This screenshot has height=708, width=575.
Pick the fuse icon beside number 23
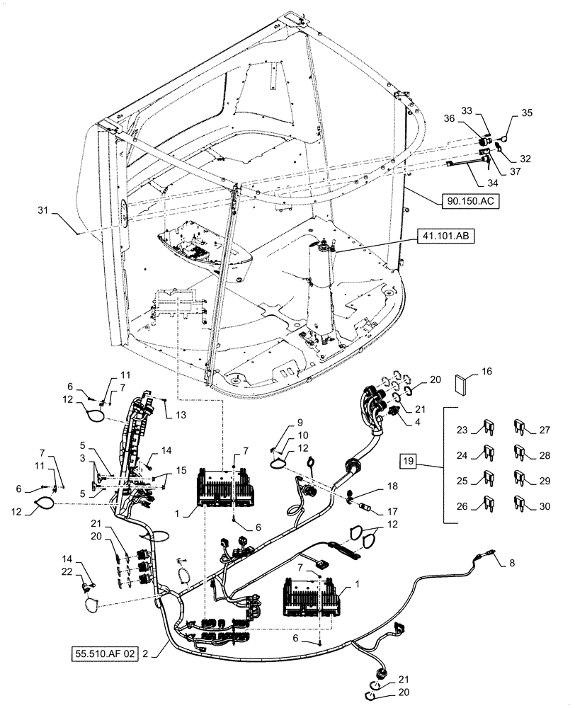488,428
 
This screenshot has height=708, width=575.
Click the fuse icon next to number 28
520,452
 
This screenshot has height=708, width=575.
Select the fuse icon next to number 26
488,504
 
